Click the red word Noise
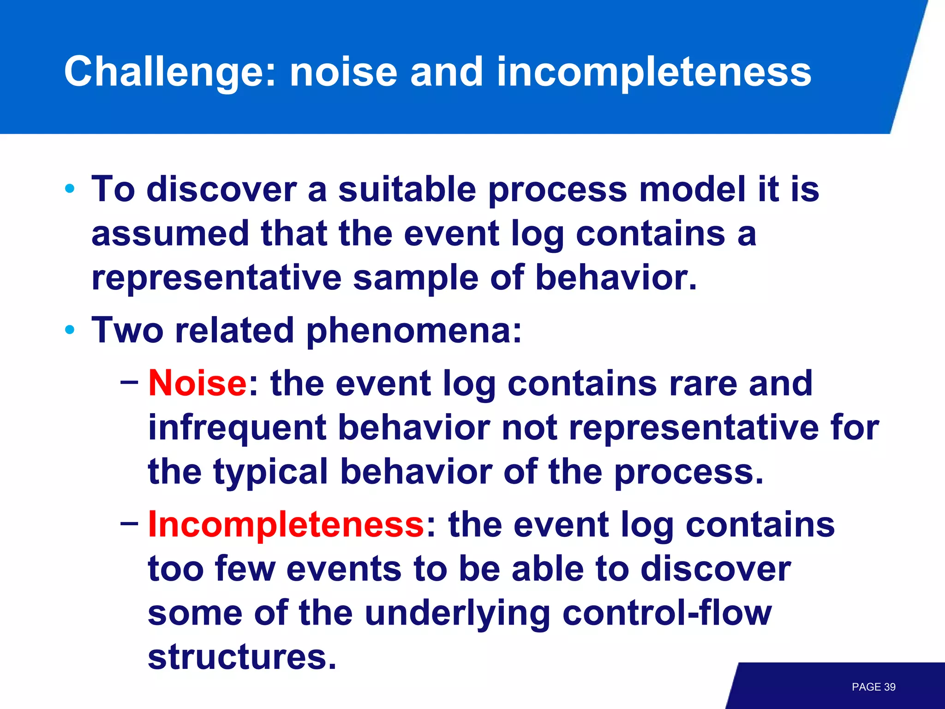coord(197,383)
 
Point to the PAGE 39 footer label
coord(873,687)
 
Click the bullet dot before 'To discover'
coord(70,188)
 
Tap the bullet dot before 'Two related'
coord(70,330)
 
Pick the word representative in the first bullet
coord(216,278)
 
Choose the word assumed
coord(170,234)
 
